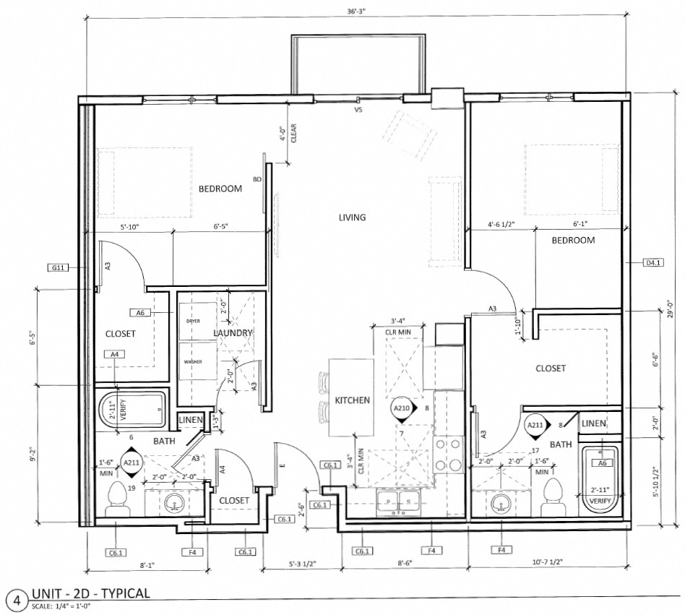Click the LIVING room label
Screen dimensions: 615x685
pyautogui.click(x=353, y=217)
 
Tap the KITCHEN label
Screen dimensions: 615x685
pyautogui.click(x=352, y=400)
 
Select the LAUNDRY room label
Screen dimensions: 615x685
pyautogui.click(x=233, y=332)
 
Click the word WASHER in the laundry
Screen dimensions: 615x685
pyautogui.click(x=192, y=361)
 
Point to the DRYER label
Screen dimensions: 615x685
pyautogui.click(x=193, y=321)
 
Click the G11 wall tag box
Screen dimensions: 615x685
pyautogui.click(x=58, y=267)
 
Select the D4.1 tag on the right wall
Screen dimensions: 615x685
pyautogui.click(x=652, y=262)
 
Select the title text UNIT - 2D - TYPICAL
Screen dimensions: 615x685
pyautogui.click(x=90, y=594)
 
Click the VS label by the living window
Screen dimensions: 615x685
pyautogui.click(x=357, y=111)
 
